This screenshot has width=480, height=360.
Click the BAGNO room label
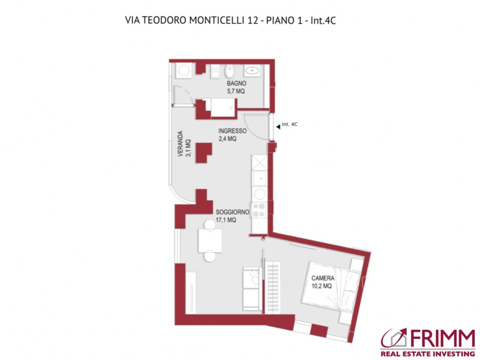click(x=236, y=83)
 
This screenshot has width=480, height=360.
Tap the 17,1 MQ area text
click(x=226, y=220)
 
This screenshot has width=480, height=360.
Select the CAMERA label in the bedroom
click(x=322, y=278)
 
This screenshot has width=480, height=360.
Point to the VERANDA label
click(x=180, y=144)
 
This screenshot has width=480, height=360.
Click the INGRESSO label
click(x=232, y=131)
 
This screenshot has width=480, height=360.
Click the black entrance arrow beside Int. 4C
click(x=278, y=127)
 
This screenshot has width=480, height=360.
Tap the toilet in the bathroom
click(x=229, y=71)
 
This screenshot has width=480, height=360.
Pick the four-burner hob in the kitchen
click(x=259, y=210)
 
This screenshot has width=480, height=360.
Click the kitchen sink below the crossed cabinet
click(x=259, y=178)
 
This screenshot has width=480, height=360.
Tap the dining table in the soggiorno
click(x=210, y=241)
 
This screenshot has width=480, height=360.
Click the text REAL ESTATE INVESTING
click(x=428, y=354)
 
